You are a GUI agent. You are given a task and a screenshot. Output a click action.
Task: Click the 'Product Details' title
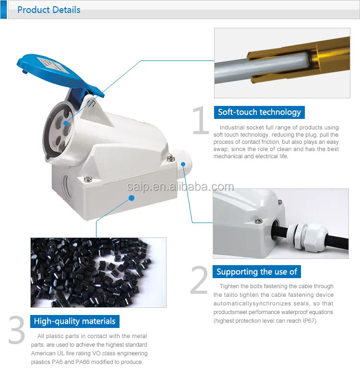[48, 10]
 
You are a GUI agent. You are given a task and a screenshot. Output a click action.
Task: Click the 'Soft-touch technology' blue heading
[259, 112]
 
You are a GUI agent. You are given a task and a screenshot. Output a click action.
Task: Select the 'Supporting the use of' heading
[257, 272]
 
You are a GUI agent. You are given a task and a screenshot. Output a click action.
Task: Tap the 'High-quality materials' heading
[75, 321]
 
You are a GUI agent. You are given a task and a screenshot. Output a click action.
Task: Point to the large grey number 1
[201, 120]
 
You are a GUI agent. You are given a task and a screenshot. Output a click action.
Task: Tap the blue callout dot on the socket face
[66, 123]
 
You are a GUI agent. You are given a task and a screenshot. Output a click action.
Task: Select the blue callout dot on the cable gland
[183, 164]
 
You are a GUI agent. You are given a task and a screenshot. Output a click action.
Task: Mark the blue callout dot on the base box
[132, 198]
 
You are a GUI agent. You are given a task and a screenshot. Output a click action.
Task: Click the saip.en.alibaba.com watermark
[180, 187]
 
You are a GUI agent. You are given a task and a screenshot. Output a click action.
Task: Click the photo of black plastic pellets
[98, 272]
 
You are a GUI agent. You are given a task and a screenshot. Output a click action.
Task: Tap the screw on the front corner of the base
[88, 178]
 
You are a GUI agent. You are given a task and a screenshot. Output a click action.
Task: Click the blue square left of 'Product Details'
[3, 10]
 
